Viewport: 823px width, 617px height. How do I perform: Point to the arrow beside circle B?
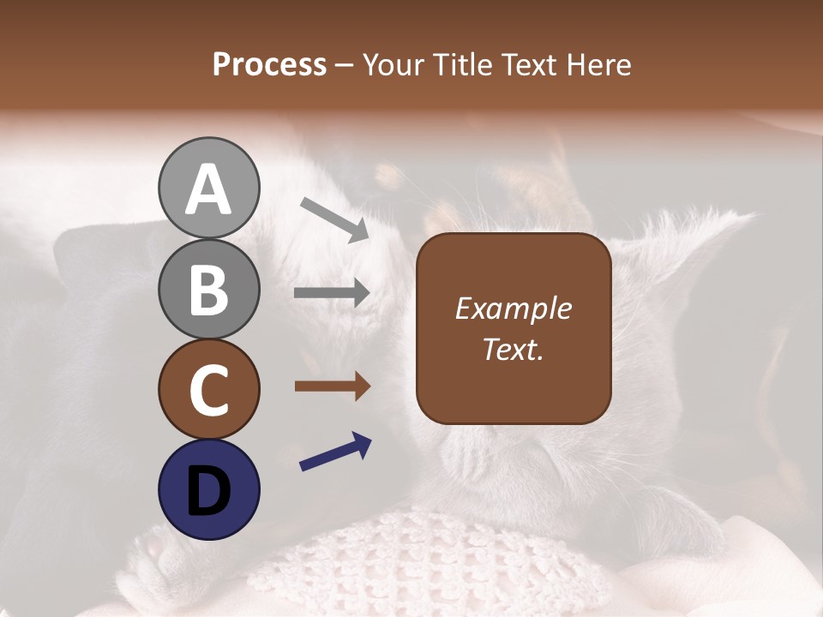(x=332, y=293)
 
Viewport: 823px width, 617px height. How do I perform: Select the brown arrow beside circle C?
(x=332, y=386)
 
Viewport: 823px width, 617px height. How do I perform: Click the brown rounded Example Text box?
(x=514, y=328)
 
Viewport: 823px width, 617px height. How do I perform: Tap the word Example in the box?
(x=514, y=308)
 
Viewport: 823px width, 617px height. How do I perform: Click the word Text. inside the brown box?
(x=514, y=349)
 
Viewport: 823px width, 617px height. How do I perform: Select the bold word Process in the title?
(x=269, y=64)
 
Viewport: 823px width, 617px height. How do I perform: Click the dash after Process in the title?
(x=345, y=65)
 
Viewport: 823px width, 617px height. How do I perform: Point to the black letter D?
(x=208, y=490)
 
